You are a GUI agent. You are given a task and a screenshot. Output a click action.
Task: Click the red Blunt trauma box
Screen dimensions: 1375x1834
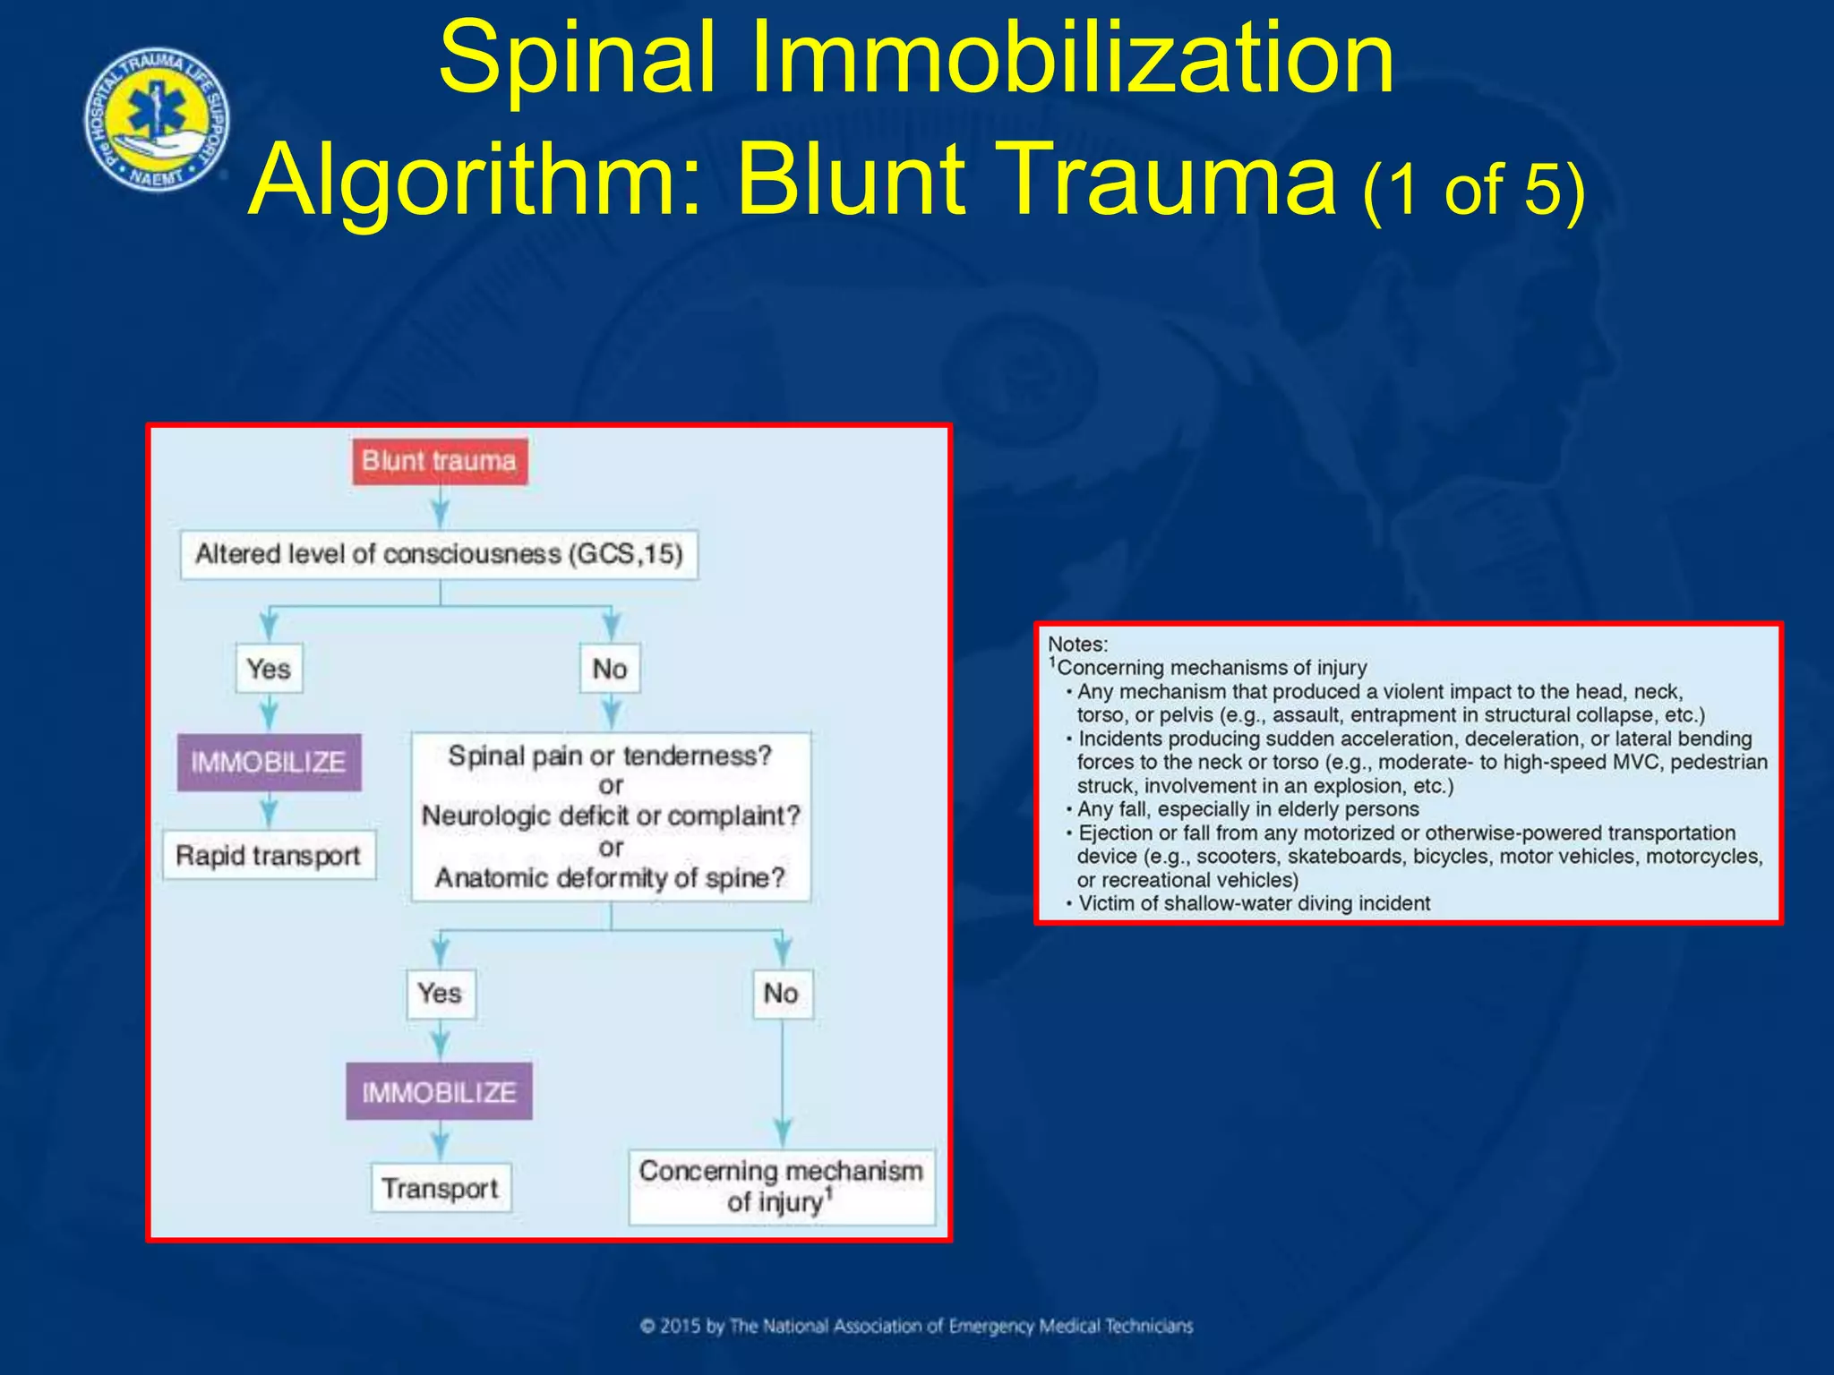439,461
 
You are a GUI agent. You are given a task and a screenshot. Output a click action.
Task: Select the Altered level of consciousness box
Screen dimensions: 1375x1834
439,554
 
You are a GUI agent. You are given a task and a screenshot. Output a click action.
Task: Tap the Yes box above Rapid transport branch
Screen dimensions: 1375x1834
269,669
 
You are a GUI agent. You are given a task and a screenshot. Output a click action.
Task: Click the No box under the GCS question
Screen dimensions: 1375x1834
610,669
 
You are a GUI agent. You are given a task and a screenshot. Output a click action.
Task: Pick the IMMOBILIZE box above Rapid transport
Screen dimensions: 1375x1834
269,762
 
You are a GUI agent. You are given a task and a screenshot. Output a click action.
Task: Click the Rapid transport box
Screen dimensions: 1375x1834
269,856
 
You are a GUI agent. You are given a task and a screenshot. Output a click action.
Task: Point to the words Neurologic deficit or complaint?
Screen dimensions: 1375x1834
611,816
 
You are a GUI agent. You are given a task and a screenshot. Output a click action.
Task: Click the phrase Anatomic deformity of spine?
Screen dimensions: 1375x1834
611,878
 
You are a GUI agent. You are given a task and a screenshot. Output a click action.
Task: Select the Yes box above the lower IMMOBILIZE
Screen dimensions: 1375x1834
440,994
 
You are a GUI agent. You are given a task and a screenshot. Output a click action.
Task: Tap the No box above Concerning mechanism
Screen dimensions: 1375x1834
781,994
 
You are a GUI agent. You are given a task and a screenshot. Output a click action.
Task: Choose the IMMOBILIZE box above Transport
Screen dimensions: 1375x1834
439,1092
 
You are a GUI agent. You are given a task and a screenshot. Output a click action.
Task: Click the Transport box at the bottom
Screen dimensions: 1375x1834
440,1189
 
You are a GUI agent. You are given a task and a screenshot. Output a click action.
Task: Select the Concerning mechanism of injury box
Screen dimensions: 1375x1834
781,1187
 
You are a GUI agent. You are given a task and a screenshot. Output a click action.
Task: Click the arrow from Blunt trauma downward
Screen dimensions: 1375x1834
440,508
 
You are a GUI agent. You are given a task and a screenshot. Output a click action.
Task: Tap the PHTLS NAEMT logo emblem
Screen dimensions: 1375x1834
158,120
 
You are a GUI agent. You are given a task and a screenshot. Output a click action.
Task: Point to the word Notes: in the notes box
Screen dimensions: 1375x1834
1077,645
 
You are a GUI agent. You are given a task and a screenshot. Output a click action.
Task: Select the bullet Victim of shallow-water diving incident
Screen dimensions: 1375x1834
1254,903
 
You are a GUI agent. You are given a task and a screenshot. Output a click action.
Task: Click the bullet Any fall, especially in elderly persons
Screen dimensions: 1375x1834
1248,809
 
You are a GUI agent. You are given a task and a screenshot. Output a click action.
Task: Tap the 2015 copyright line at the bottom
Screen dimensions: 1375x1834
917,1326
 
